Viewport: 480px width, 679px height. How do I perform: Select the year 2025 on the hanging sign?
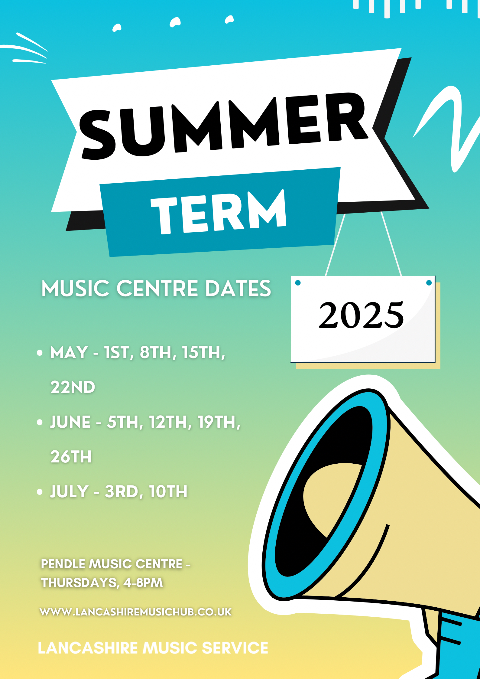pos(361,315)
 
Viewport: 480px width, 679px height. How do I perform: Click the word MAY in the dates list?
pos(69,352)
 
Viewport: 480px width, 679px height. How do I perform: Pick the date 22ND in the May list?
pos(73,387)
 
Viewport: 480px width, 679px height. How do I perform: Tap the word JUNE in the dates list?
pos(70,422)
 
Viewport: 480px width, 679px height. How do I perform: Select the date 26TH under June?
pos(71,457)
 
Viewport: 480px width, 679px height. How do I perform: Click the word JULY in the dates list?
pos(69,491)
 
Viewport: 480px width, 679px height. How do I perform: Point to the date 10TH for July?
pos(168,491)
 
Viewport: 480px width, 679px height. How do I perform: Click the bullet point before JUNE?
pos(40,422)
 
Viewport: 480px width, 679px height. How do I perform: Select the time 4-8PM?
pos(143,583)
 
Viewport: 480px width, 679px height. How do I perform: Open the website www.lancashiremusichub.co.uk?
pos(136,612)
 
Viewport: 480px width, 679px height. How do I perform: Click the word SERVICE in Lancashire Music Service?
pos(235,648)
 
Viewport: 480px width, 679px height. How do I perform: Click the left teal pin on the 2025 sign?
pos(298,283)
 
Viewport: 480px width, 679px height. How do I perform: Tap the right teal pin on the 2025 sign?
pos(429,283)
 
